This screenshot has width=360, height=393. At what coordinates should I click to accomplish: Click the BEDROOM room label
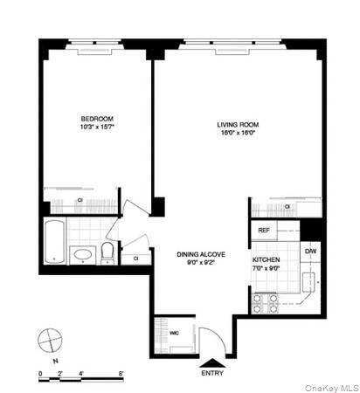pos(97,118)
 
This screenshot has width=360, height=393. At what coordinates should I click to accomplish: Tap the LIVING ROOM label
pos(238,124)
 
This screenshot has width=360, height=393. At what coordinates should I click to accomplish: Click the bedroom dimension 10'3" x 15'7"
pos(97,128)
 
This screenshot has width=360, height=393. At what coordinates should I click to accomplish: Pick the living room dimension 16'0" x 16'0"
pos(238,134)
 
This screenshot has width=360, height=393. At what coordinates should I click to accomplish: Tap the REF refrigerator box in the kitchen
pos(262,231)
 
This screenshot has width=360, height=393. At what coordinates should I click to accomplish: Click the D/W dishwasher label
pos(310,252)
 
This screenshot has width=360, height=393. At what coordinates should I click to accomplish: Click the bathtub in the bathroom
pos(53,243)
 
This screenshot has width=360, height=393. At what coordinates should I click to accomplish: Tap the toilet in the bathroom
pos(106,252)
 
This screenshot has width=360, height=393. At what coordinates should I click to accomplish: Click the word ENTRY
pos(212,374)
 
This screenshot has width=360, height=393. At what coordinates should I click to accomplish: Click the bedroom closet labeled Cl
pos(80,201)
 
